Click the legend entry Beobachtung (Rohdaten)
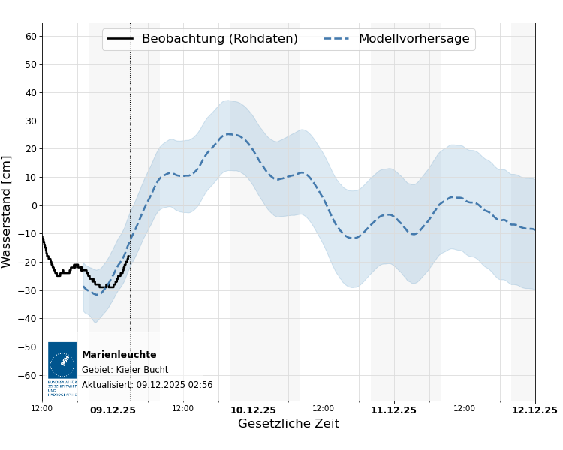pyautogui.click(x=219, y=39)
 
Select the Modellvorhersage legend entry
pyautogui.click(x=414, y=39)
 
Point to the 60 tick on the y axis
pyautogui.click(x=32, y=36)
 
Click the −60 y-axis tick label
pyautogui.click(x=29, y=375)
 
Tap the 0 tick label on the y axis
pyautogui.click(x=34, y=205)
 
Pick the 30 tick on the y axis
pyautogui.click(x=32, y=121)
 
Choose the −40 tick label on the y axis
pyautogui.click(x=29, y=319)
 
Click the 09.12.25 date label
pyautogui.click(x=113, y=410)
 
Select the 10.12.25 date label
pyautogui.click(x=253, y=410)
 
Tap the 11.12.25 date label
pyautogui.click(x=393, y=410)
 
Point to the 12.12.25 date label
pyautogui.click(x=534, y=410)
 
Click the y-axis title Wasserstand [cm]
pyautogui.click(x=8, y=211)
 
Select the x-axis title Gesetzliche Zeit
pyautogui.click(x=288, y=424)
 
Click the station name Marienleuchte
pyautogui.click(x=119, y=355)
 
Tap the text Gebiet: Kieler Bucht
pyautogui.click(x=125, y=370)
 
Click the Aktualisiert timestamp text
pyautogui.click(x=147, y=385)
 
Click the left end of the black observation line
pyautogui.click(x=43, y=237)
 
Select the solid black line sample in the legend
pyautogui.click(x=120, y=39)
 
